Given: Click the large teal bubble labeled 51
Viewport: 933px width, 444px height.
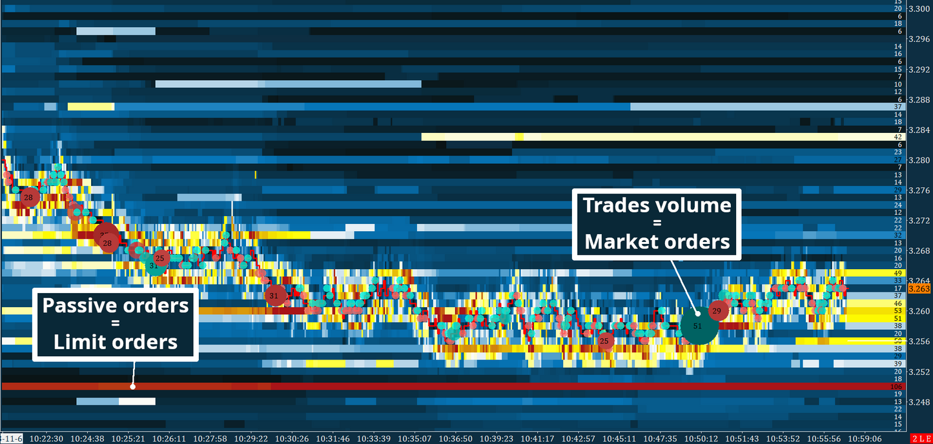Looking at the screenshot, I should point(698,327).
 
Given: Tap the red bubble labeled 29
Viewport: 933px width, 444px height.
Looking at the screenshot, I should point(717,311).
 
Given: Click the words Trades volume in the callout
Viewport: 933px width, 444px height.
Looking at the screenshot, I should point(657,205).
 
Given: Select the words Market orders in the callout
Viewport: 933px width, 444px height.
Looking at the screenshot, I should point(657,242).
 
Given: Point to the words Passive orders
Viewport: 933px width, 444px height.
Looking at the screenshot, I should point(116,305).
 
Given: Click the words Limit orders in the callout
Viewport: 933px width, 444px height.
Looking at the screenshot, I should point(116,342).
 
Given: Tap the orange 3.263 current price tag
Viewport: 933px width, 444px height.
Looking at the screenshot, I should point(918,289).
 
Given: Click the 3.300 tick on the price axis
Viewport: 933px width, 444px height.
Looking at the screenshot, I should point(919,9).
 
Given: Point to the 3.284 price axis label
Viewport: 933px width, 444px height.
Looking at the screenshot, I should point(919,130).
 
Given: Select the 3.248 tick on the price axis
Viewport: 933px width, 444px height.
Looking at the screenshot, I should point(919,402).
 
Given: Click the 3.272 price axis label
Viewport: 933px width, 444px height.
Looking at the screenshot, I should point(919,221).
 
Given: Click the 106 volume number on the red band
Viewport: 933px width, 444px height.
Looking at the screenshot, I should point(897,387).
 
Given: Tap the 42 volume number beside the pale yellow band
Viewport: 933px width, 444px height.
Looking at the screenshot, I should point(897,137).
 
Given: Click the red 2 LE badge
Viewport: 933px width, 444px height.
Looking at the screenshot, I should point(920,438).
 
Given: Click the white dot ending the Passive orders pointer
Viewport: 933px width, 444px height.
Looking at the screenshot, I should point(132,387).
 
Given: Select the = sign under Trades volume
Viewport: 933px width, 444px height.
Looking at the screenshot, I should point(657,223).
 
